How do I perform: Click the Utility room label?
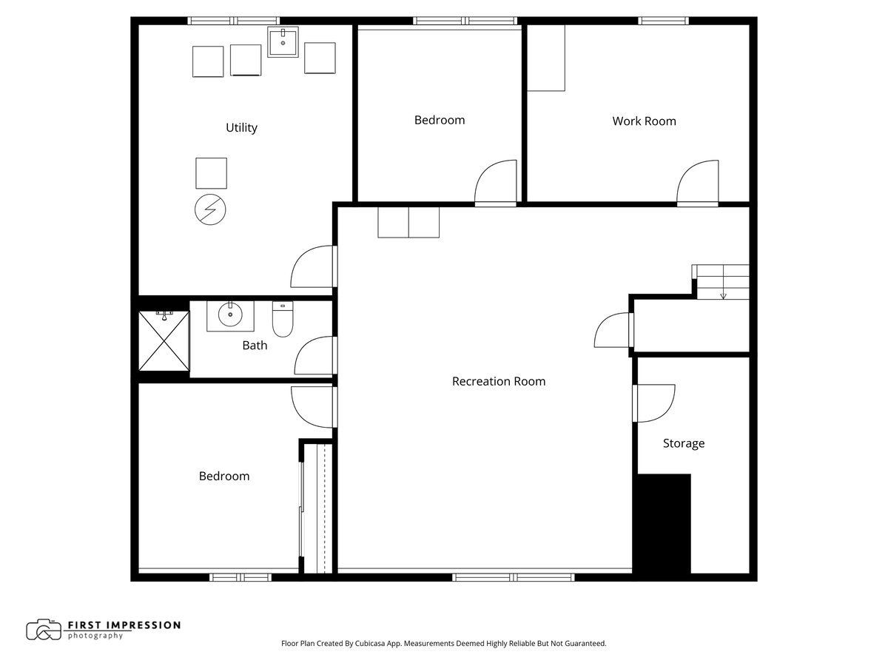241,128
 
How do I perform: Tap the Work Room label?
644,121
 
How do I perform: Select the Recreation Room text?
499,381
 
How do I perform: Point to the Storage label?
683,443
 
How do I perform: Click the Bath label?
255,346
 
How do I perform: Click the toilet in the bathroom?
283,319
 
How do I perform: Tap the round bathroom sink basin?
230,314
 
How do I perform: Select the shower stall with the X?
164,341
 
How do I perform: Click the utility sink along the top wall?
283,42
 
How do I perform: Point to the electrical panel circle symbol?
210,209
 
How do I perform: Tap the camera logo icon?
44,630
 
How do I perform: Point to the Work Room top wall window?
663,21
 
